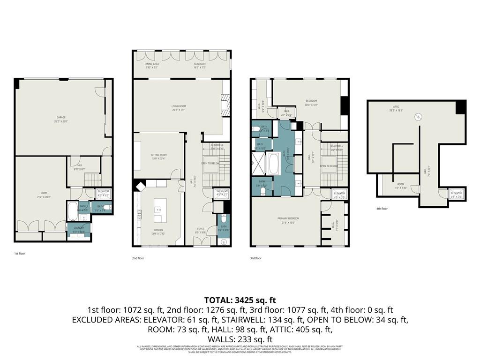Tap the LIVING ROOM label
click(x=179, y=107)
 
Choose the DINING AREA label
click(x=151, y=65)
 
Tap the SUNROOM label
click(x=200, y=65)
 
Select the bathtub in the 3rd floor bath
click(x=272, y=164)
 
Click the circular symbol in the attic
click(x=420, y=117)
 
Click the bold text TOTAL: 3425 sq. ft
click(x=240, y=300)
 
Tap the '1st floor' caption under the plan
click(x=20, y=253)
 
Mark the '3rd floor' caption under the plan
click(x=256, y=258)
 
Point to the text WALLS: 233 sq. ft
click(x=240, y=339)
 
